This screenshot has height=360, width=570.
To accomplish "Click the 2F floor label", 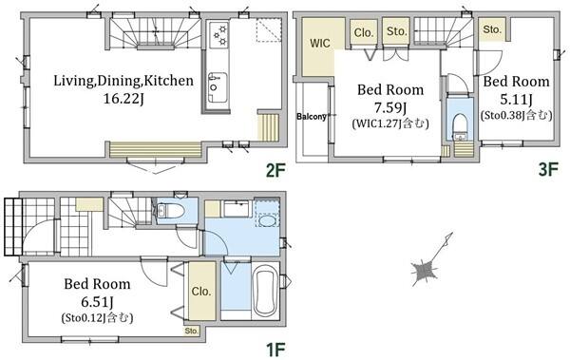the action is pos(275,170).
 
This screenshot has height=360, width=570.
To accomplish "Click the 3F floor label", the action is pos(548,169).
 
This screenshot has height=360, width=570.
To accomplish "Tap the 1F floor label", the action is pos(275,350).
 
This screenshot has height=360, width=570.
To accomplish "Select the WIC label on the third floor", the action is pos(320,44).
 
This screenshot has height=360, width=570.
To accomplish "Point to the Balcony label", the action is pos(312,117).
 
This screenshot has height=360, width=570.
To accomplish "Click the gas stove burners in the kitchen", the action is pos(218,34).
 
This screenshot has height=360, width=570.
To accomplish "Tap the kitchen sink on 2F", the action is pos(218,87).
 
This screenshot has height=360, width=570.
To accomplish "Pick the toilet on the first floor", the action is pos(170,210).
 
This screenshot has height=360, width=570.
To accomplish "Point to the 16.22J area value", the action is pos(123,99).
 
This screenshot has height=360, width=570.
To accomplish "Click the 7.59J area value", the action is pos(390,108).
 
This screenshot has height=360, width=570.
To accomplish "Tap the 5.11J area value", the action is pos(516,100).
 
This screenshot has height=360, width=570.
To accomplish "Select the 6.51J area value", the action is pos(97,302).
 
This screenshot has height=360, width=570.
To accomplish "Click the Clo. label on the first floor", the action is pos(201,292).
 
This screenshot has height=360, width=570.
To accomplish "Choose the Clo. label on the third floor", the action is pos(364,32).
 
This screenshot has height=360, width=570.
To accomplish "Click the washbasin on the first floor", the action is pos(268,220).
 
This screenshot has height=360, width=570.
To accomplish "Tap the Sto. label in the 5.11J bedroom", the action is pos(492,29).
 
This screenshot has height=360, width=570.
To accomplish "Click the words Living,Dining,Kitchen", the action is pos(123,81).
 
